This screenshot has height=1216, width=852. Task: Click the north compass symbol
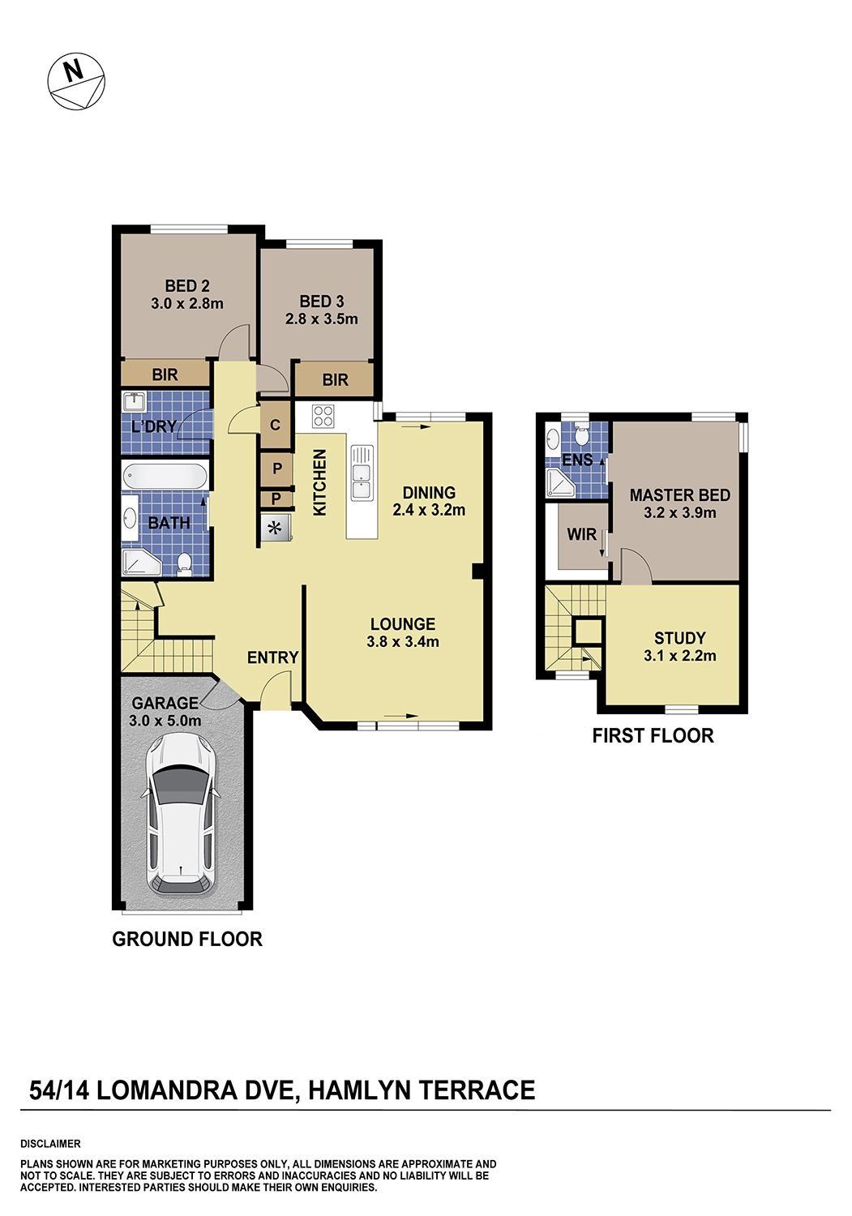coord(76,81)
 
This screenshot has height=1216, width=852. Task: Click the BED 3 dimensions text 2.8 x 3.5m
coord(322,319)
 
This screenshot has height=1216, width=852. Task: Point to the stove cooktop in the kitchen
coord(323,417)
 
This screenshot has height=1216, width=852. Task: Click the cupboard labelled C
coord(276,425)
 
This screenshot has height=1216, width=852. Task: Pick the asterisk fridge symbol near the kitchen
coord(276,527)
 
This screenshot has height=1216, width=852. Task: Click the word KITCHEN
coord(320,482)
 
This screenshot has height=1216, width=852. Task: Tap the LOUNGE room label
coord(403,624)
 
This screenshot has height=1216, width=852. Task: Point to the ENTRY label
coord(272,657)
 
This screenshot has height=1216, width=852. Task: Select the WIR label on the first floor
coord(581,534)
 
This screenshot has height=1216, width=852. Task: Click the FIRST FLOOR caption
coord(653,735)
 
